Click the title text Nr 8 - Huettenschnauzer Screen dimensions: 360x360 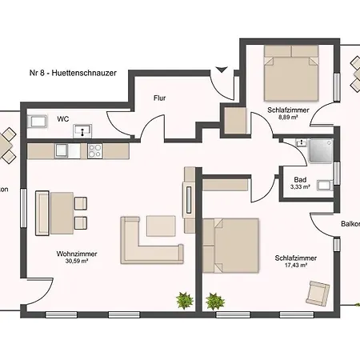[73, 73]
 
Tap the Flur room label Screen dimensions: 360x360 [160, 98]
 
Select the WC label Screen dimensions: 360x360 [63, 119]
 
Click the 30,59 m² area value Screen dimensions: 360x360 [77, 261]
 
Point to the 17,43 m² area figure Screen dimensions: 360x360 [295, 265]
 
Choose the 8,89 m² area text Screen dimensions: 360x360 [288, 117]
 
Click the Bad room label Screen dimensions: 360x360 [300, 180]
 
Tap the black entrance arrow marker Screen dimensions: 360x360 [222, 70]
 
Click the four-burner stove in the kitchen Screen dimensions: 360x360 [95, 151]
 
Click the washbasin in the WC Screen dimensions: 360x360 [82, 131]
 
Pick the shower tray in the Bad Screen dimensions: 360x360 [321, 150]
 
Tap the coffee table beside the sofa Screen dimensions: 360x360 [161, 226]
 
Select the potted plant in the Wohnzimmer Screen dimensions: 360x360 [185, 300]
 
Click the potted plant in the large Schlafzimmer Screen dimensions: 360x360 [215, 302]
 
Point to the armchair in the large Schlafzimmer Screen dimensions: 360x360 [318, 294]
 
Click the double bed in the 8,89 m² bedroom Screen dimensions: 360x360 [291, 73]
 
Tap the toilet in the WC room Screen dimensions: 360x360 [38, 122]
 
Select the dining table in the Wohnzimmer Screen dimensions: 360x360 [62, 213]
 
